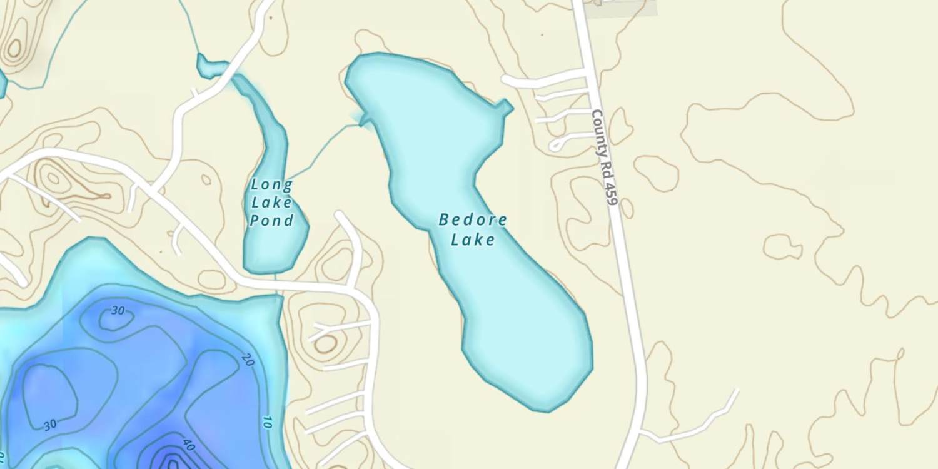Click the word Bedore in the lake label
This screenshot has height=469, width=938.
click(x=473, y=219)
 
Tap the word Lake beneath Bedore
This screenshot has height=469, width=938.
click(x=473, y=240)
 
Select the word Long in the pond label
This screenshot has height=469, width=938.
click(x=271, y=184)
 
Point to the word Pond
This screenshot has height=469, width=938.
click(x=271, y=220)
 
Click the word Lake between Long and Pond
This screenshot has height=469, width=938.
click(x=271, y=202)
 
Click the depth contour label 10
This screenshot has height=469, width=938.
click(x=266, y=421)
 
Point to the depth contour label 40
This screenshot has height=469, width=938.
click(x=188, y=445)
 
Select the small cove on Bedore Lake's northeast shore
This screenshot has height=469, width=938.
click(x=504, y=108)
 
